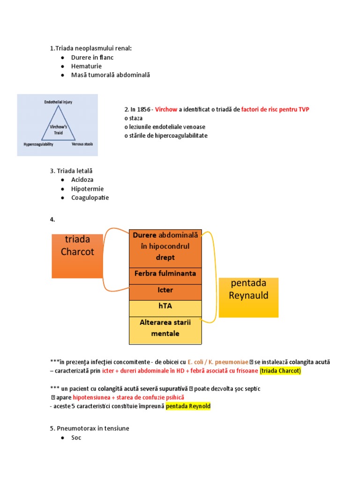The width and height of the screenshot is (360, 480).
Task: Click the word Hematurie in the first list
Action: tap(86, 66)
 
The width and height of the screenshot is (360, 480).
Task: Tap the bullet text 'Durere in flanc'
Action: tap(92, 57)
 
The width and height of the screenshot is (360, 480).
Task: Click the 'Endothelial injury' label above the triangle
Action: tap(58, 101)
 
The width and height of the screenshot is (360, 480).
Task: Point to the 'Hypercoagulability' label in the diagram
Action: tap(38, 144)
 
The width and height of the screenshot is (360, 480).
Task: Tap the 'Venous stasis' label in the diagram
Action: tap(82, 144)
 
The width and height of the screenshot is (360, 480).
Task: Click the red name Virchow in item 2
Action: tap(166, 109)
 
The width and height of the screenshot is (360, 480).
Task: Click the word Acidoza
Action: tap(82, 180)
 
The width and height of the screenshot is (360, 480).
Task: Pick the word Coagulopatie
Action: tap(90, 197)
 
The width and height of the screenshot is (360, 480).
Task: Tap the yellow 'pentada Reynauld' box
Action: tap(248, 297)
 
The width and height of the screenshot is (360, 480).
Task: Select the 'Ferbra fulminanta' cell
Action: tap(165, 273)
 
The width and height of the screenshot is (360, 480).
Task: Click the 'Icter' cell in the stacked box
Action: tap(165, 290)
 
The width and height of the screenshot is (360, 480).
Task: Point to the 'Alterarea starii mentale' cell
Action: tap(165, 328)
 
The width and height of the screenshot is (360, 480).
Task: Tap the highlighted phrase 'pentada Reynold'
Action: tap(188, 406)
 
